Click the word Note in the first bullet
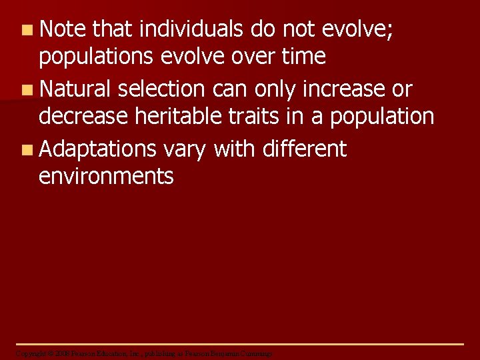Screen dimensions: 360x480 click(x=63, y=29)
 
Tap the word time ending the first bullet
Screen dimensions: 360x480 click(x=303, y=57)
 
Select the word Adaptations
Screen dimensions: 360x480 click(x=97, y=149)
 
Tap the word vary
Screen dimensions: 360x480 click(x=184, y=149)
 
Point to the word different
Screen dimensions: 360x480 click(x=305, y=149)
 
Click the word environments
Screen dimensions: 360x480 click(x=106, y=176)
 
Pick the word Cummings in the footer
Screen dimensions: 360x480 click(x=256, y=353)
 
